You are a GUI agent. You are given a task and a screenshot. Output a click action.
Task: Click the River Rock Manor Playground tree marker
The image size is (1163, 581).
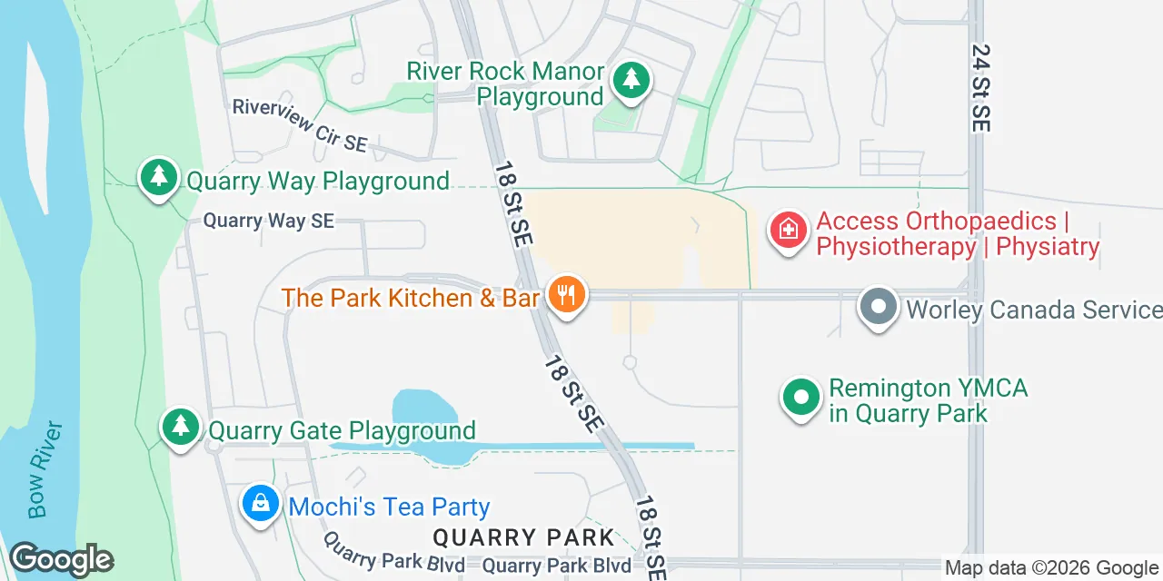[x=630, y=81]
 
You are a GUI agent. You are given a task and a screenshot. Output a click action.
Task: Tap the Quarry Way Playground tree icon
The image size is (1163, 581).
[x=159, y=177]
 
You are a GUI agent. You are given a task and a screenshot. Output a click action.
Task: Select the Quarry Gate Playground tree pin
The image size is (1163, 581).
[x=181, y=427]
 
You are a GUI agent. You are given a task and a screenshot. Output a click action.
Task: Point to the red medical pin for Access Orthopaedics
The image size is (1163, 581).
[x=789, y=231]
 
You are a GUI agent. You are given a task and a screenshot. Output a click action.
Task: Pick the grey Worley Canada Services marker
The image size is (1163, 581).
[x=878, y=307]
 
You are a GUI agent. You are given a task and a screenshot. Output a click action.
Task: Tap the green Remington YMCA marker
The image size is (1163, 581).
[x=801, y=399]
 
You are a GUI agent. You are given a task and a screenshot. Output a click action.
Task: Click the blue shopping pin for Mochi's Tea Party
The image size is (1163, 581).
[x=261, y=504]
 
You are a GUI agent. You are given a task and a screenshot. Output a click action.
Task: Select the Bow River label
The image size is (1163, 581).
[x=45, y=468]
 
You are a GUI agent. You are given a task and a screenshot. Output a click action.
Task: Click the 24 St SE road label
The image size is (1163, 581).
[x=979, y=88]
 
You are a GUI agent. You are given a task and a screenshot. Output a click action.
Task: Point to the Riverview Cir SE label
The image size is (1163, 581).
[x=299, y=125]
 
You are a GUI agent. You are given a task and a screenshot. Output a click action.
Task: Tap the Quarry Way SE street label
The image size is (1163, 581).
[x=268, y=221]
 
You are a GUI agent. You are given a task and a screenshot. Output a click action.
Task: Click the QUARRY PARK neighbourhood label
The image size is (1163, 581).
[x=524, y=537]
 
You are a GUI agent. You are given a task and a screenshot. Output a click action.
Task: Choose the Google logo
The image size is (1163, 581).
[x=61, y=560]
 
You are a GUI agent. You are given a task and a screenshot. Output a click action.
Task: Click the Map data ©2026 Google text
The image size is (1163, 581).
[x=1052, y=568]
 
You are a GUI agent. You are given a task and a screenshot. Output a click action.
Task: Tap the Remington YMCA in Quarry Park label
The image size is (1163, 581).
[x=927, y=400]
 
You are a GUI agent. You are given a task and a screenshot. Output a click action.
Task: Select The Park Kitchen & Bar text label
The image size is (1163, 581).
[x=411, y=298]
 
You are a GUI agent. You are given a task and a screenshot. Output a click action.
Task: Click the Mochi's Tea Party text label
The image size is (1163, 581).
[x=389, y=507]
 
